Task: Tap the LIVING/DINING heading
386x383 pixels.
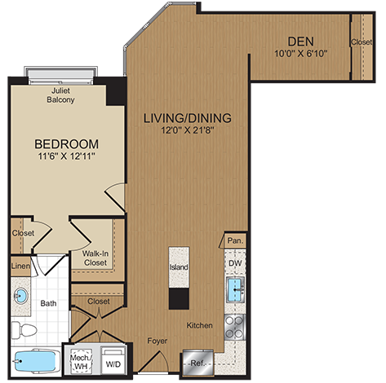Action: [x=187, y=117]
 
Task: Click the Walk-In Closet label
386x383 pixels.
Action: [x=96, y=258]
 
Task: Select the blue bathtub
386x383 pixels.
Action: [x=37, y=360]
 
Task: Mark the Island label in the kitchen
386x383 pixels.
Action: [x=179, y=266]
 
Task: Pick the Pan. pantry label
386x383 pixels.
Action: [x=234, y=240]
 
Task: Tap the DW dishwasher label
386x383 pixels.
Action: [x=234, y=263]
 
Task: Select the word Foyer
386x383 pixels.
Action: [x=158, y=341]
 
